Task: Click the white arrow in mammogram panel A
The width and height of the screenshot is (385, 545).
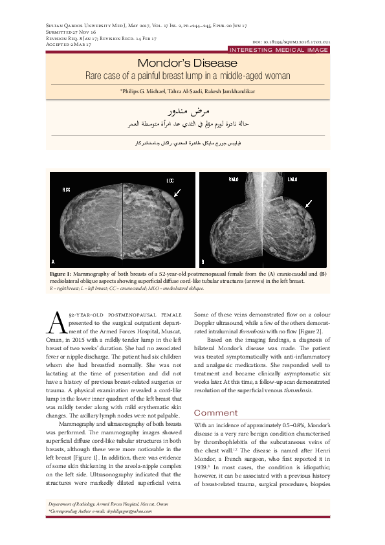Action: (177, 192)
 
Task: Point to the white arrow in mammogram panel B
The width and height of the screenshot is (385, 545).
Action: (308, 203)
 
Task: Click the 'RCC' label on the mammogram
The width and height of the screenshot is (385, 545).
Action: (65, 190)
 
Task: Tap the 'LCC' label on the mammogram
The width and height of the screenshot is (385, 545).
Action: (170, 180)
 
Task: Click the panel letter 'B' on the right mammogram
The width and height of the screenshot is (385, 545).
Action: (203, 262)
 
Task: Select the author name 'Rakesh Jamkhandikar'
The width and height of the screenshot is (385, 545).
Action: (233, 91)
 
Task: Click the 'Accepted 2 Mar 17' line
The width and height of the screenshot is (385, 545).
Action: (61, 44)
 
